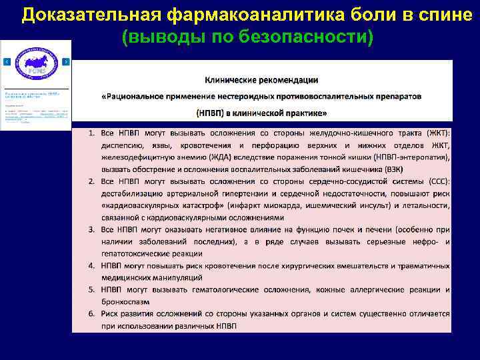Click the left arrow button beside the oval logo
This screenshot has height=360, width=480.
coord(7,61)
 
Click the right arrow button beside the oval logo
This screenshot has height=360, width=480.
coord(66,61)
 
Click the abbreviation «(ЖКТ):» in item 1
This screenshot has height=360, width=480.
coord(437,133)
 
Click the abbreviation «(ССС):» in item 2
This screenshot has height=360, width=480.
coord(436,181)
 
